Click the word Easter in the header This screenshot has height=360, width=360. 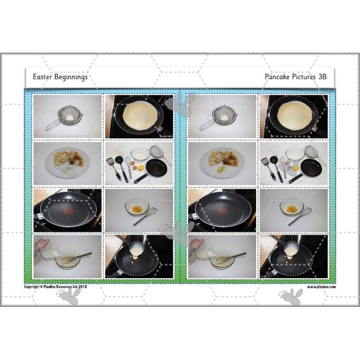[x=41, y=76]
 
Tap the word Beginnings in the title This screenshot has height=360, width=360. [x=71, y=77]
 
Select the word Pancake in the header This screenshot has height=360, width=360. [x=277, y=76]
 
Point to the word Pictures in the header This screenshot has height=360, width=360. [x=304, y=76]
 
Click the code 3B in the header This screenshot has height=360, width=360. [x=322, y=76]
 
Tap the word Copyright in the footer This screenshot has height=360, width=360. [x=31, y=287]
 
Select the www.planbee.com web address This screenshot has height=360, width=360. [x=321, y=287]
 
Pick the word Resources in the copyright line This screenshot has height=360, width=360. [x=65, y=287]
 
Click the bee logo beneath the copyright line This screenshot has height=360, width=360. [x=69, y=296]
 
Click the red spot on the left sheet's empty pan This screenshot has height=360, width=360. [x=68, y=210]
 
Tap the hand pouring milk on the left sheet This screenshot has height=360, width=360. [x=43, y=243]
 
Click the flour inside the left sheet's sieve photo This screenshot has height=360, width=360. [x=69, y=117]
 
